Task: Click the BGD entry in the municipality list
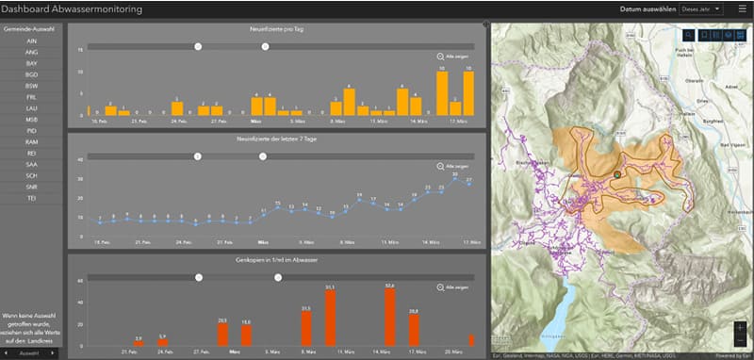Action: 32,74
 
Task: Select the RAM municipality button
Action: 32,140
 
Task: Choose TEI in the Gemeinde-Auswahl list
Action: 32,197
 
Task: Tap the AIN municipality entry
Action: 32,41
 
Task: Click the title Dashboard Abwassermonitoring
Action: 73,9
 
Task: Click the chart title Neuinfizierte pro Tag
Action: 277,29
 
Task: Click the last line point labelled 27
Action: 468,185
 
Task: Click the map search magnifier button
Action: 689,35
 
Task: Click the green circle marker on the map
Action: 617,175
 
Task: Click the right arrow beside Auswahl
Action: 56,353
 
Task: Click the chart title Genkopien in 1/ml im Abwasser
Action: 277,258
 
